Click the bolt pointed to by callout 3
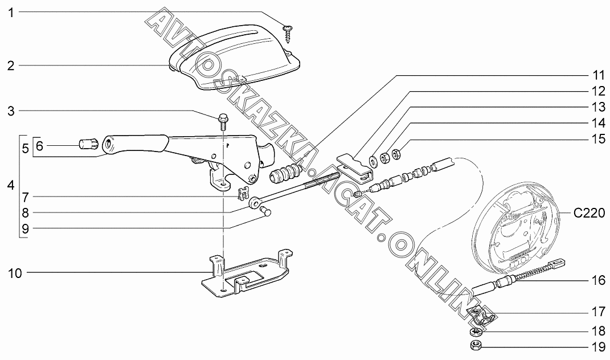(222, 120)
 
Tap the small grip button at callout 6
(88, 145)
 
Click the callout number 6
(39, 146)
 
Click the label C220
(588, 214)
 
